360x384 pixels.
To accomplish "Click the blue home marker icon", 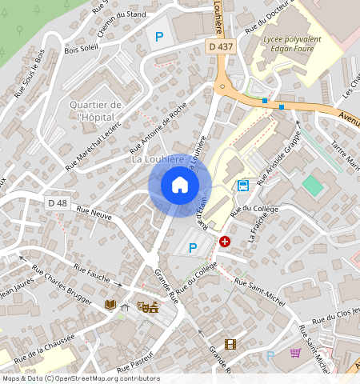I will [x=180, y=185].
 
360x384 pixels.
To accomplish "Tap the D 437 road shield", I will [x=221, y=47].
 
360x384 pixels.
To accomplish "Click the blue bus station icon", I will [x=242, y=186].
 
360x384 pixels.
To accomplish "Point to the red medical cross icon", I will [x=225, y=241].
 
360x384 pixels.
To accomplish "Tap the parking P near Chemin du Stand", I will [x=159, y=36].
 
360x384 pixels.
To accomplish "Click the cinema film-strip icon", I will [x=230, y=345].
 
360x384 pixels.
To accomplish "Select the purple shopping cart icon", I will [x=295, y=352].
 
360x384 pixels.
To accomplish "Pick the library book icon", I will [x=110, y=305].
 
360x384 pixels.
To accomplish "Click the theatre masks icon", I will [x=146, y=306].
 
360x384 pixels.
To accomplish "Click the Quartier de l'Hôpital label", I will [x=95, y=111].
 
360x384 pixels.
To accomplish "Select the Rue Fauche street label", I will [x=92, y=274].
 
